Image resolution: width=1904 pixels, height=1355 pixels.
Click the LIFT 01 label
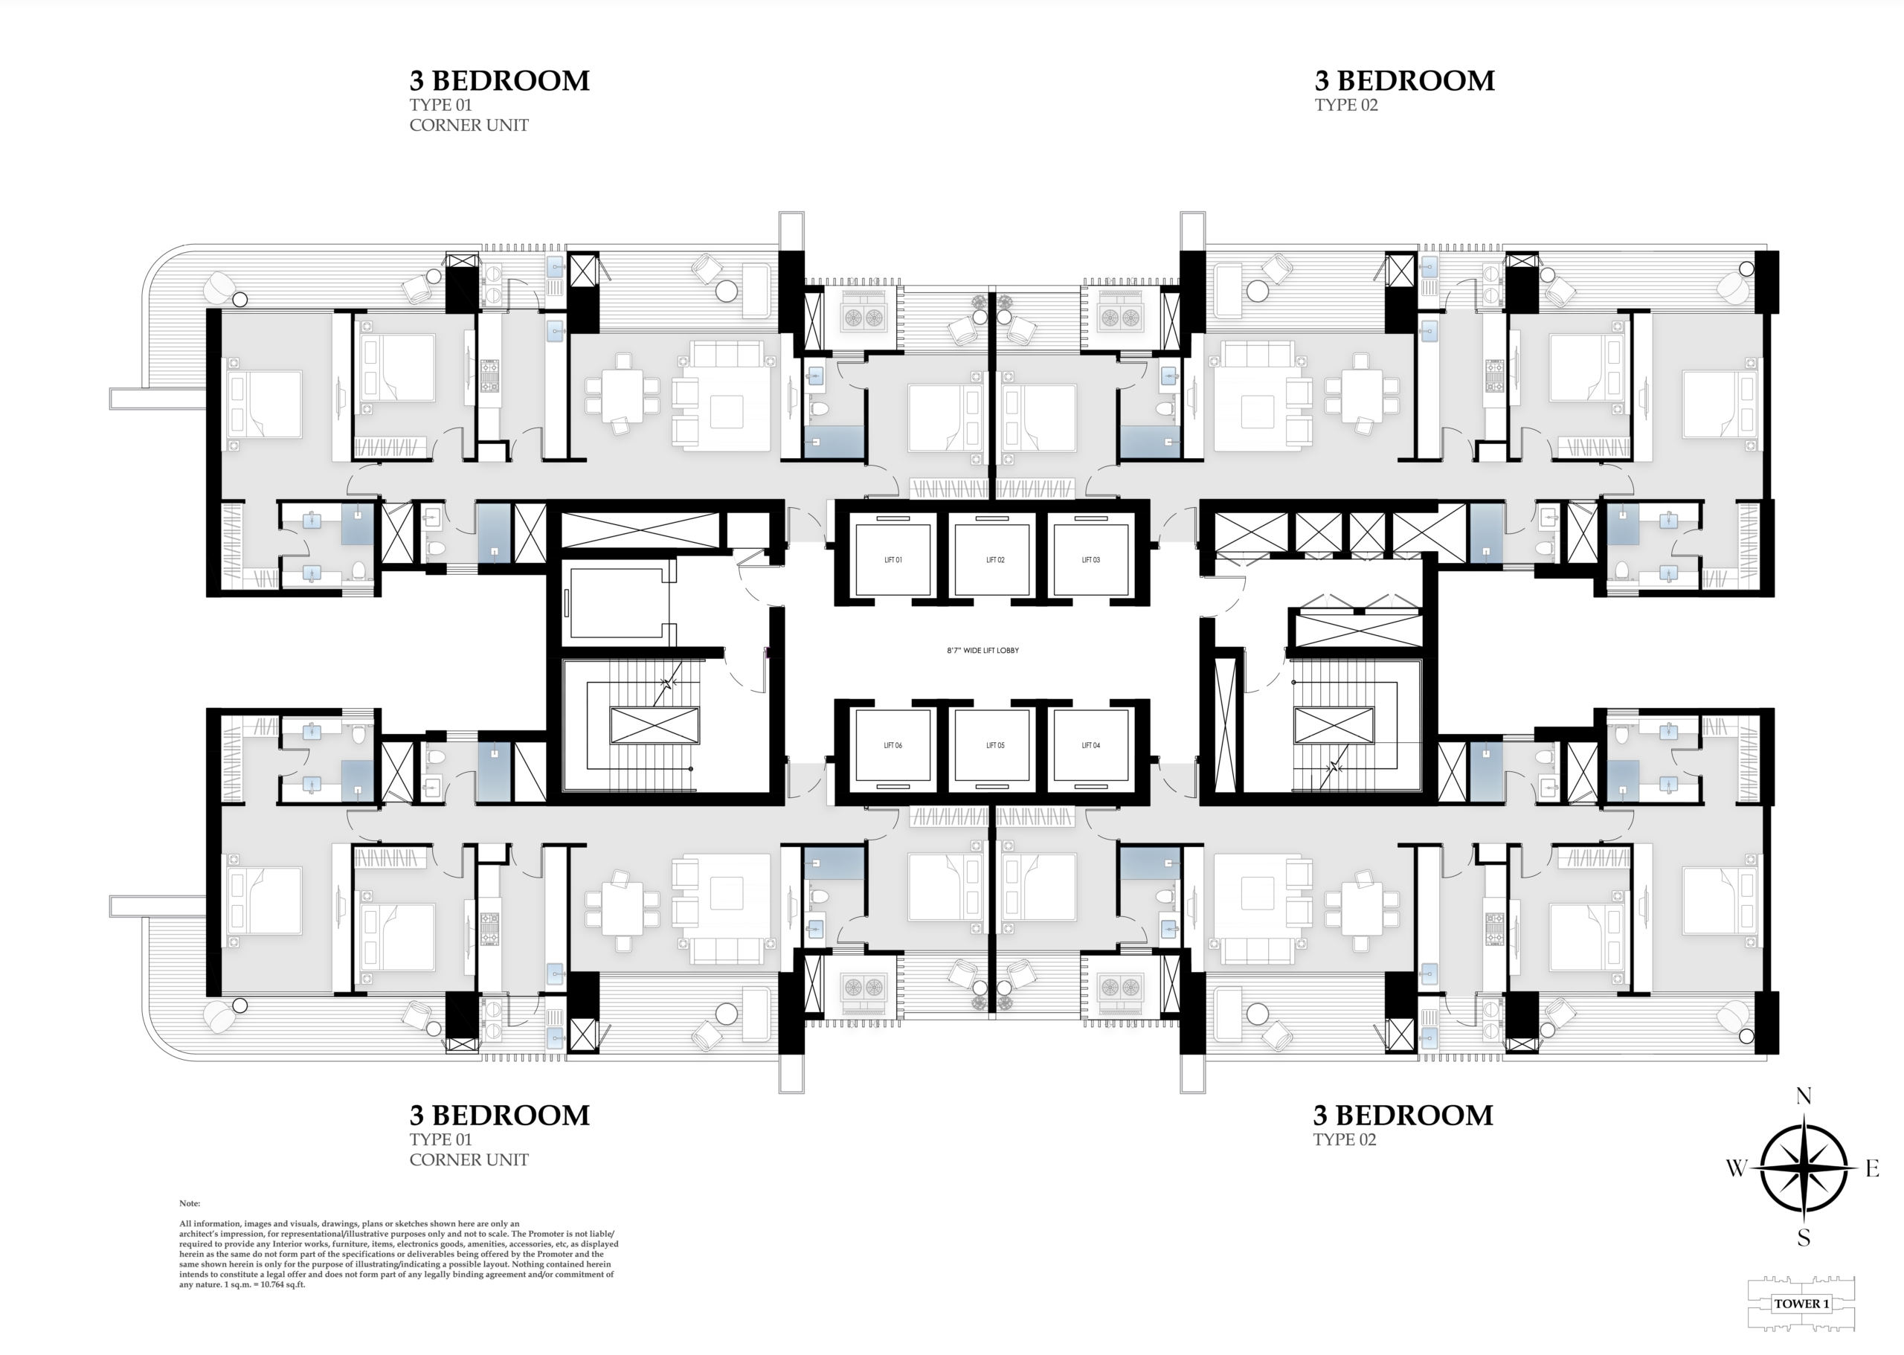point(892,560)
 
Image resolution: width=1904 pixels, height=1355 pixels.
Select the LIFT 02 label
point(995,560)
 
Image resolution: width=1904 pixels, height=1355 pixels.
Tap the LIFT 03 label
point(1090,560)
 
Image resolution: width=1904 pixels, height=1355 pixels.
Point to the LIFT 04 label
point(1090,745)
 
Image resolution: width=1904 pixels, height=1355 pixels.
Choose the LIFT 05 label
point(995,745)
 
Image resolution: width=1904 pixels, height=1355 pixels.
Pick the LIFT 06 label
point(892,745)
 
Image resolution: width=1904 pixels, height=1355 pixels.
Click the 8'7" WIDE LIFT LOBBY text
point(983,650)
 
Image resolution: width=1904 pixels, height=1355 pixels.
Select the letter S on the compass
point(1804,1237)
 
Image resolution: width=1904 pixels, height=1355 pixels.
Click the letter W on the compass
point(1737,1168)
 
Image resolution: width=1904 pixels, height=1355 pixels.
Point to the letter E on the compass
point(1872,1169)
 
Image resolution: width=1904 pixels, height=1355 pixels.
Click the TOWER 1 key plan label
point(1801,1303)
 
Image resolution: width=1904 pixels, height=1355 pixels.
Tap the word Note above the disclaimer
point(190,1203)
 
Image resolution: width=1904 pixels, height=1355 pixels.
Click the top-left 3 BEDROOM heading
point(499,80)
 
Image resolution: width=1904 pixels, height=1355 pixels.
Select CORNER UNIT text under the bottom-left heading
point(469,1159)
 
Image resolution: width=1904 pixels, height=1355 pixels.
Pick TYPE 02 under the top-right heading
point(1346,105)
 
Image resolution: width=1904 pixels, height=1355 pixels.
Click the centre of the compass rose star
point(1804,1168)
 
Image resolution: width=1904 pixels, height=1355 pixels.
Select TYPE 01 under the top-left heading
point(440,105)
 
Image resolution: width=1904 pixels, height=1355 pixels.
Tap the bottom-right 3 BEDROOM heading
point(1403,1115)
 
